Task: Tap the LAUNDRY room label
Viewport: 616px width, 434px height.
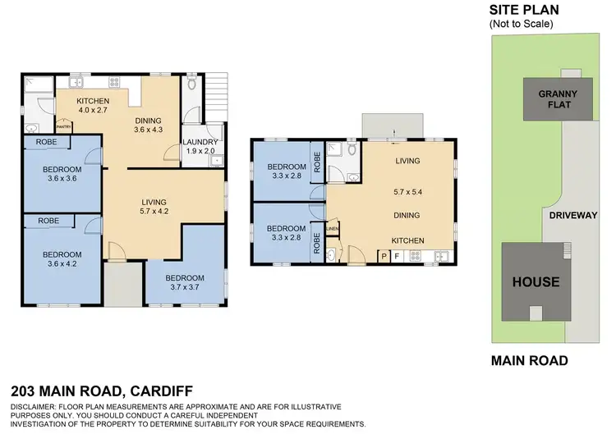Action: [x=200, y=141]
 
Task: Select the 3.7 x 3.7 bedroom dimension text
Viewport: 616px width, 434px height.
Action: [x=185, y=288]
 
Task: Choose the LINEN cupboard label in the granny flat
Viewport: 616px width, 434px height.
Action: [x=333, y=229]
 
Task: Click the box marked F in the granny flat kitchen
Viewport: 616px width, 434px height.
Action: [x=397, y=256]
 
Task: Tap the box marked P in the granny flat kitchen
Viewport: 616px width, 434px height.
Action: [x=383, y=256]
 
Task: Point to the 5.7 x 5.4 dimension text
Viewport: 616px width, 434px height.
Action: [x=407, y=189]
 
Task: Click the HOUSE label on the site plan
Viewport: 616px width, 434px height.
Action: [x=536, y=282]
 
